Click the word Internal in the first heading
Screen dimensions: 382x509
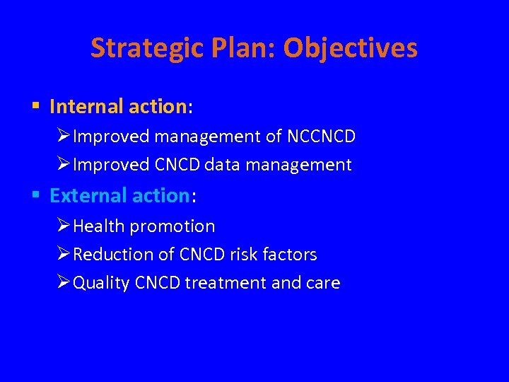pos(86,107)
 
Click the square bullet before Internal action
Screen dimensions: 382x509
pos(35,107)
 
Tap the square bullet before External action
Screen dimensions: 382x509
pos(35,195)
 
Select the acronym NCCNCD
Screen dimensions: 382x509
pos(321,136)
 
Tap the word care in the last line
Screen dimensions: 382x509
pos(323,283)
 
